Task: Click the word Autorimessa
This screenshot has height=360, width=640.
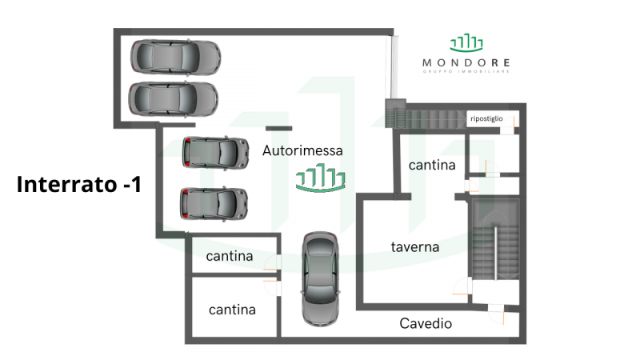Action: pos(302,150)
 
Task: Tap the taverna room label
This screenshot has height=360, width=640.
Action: pos(415,247)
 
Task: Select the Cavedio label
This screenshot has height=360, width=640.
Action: pos(426,324)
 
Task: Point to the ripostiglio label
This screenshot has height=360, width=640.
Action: pos(486,119)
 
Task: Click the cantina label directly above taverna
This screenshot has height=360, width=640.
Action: pos(432,166)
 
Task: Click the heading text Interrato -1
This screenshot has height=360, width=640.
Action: pos(79,185)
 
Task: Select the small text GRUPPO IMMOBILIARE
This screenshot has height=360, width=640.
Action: pos(466,72)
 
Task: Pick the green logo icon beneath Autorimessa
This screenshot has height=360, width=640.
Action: pos(320,178)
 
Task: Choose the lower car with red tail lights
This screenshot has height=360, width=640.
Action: pos(214,203)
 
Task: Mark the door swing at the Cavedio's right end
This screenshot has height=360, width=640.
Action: pos(497,315)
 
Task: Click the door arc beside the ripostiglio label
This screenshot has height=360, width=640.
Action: pos(509,122)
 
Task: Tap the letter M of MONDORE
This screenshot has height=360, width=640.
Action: pos(426,62)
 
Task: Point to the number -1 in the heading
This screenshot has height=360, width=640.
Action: pos(132,185)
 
